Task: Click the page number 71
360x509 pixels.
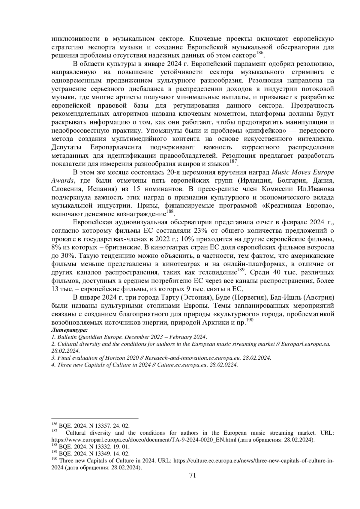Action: tap(193, 475)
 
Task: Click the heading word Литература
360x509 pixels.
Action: tap(69, 330)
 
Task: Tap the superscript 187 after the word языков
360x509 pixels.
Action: tap(233, 162)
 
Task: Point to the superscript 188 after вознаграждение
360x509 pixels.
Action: tap(170, 212)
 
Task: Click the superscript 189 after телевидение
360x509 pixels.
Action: tap(241, 270)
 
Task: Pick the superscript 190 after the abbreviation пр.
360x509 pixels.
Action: tap(250, 320)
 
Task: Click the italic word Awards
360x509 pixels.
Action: tap(62, 181)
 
